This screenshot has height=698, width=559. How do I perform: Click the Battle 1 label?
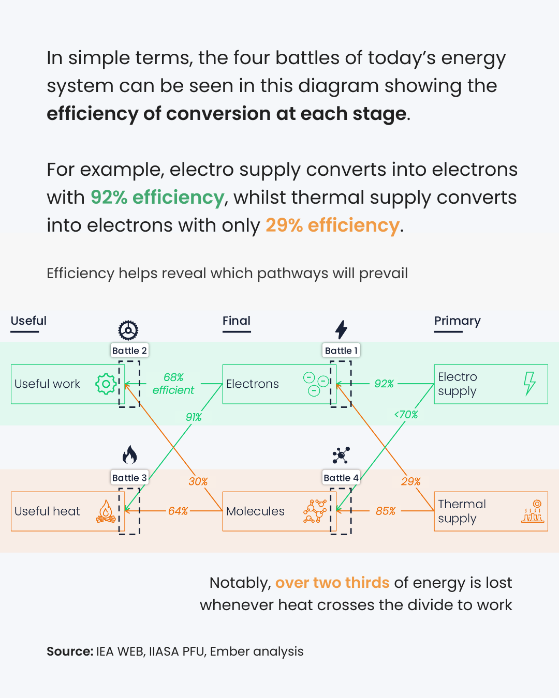pyautogui.click(x=341, y=351)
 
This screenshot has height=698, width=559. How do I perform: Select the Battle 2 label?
pyautogui.click(x=129, y=351)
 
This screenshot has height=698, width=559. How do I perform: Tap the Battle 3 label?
pyautogui.click(x=129, y=478)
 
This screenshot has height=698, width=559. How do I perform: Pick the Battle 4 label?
pyautogui.click(x=341, y=478)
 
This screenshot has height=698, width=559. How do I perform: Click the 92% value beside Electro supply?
pyautogui.click(x=384, y=384)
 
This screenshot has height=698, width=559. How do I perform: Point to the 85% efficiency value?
pyautogui.click(x=386, y=511)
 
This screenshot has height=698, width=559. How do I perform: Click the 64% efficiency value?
pyautogui.click(x=178, y=511)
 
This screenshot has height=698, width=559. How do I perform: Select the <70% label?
pyautogui.click(x=406, y=415)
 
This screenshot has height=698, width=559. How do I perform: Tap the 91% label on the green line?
pyautogui.click(x=194, y=417)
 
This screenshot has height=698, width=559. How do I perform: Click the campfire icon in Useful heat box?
pyautogui.click(x=106, y=511)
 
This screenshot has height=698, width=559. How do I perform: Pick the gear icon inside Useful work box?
pyautogui.click(x=106, y=384)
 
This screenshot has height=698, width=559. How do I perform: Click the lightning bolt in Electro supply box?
pyautogui.click(x=529, y=384)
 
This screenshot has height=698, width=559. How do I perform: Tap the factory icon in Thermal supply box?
pyautogui.click(x=533, y=511)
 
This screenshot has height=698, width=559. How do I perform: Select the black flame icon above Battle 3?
pyautogui.click(x=129, y=455)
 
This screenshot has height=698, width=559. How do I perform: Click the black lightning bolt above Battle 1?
pyautogui.click(x=341, y=329)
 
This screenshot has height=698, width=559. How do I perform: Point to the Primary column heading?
pyautogui.click(x=458, y=321)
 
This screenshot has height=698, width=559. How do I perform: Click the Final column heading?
pyautogui.click(x=237, y=321)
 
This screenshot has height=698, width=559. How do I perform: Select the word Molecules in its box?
pyautogui.click(x=255, y=511)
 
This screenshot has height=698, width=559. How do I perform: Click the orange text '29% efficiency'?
pyautogui.click(x=332, y=225)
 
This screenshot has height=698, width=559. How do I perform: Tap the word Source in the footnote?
pyautogui.click(x=69, y=651)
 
